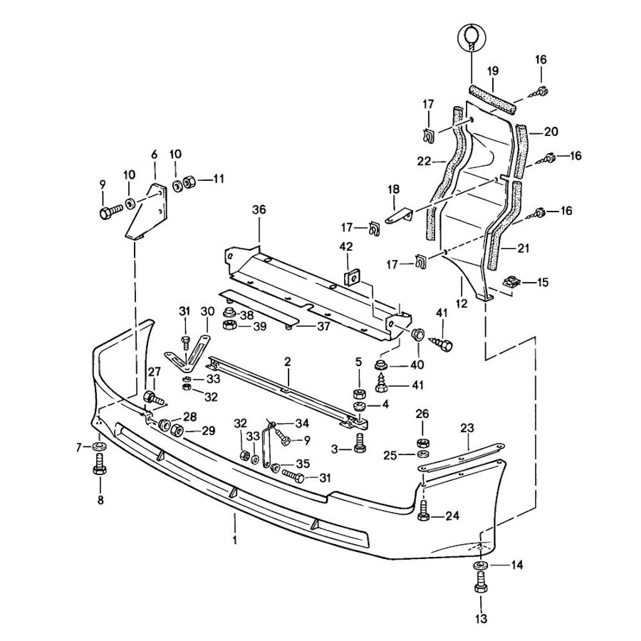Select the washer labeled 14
[x=481, y=566]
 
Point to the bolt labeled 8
[x=99, y=465]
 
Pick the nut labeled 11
[x=189, y=182]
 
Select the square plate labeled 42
[x=351, y=277]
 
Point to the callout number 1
[x=235, y=540]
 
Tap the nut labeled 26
[x=422, y=442]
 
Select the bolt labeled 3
[x=359, y=442]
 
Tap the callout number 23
[x=467, y=428]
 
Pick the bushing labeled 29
[x=176, y=429]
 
